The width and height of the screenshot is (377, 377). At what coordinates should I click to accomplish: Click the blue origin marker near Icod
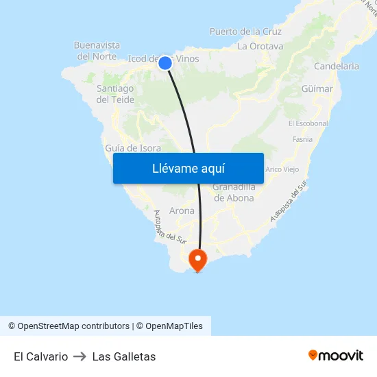(165, 63)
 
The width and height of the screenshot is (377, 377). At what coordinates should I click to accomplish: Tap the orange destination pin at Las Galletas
(197, 259)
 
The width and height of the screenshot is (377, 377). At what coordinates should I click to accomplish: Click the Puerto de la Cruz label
(245, 32)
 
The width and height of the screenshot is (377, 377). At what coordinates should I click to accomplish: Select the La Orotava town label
(260, 47)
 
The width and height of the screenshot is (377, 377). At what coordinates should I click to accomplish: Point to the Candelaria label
(336, 66)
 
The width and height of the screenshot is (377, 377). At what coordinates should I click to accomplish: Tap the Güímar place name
(317, 89)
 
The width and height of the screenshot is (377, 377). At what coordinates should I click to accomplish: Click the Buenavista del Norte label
(97, 51)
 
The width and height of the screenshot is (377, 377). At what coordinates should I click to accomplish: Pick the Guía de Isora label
(134, 148)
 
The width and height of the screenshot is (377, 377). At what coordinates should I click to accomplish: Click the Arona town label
(182, 210)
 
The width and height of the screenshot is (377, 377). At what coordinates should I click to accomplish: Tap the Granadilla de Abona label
(233, 192)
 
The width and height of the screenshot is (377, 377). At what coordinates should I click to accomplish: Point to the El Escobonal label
(308, 123)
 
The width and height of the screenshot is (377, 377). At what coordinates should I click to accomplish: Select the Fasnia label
(302, 139)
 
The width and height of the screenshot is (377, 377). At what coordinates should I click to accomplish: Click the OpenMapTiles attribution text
(173, 326)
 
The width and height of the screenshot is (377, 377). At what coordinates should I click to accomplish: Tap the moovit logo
(336, 356)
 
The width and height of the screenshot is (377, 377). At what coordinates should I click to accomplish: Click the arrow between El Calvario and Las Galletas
(80, 356)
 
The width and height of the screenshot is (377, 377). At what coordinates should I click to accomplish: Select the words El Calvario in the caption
(40, 356)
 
